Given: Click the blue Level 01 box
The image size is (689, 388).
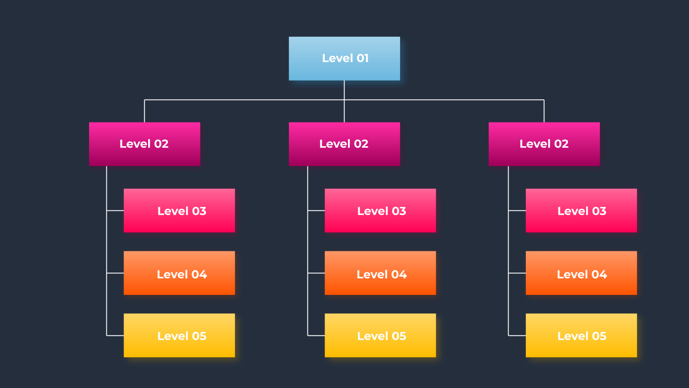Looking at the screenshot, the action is coord(344,59).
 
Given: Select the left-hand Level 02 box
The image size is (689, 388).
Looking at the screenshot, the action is coord(145,144).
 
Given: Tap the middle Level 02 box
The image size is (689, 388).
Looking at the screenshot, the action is coord(344,144).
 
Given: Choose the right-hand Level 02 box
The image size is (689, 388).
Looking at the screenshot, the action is coord(544,144).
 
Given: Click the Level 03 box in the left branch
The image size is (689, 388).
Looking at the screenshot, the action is coord(179,211).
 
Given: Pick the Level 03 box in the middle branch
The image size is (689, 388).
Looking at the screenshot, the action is coord(380,211).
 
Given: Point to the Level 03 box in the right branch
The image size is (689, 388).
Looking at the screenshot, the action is coord(581,211).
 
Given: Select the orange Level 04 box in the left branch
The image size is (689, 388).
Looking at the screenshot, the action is coord(179,273).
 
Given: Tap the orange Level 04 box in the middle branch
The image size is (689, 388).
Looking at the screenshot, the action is coord(380,273).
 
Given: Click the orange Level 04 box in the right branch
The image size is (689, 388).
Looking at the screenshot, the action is coord(581,273).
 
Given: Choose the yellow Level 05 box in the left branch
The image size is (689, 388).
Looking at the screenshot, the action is coord(179,335).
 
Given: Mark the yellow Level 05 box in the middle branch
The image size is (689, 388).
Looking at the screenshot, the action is coord(380,335).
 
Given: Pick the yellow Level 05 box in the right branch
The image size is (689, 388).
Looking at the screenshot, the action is coord(581,335).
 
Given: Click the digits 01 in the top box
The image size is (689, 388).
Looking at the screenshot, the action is coord(363,58).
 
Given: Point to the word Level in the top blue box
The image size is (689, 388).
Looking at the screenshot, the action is coord(338,58).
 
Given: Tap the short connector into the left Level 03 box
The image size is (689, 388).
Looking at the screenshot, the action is coord(115,211).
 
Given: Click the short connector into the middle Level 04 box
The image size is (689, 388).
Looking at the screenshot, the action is coord(316,273).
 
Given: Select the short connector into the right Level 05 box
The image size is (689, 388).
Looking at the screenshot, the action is coord(517,335).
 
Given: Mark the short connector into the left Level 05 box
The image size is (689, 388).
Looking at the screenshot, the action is coord(115,335).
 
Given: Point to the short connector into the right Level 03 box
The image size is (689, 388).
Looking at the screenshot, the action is coord(517,211).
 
